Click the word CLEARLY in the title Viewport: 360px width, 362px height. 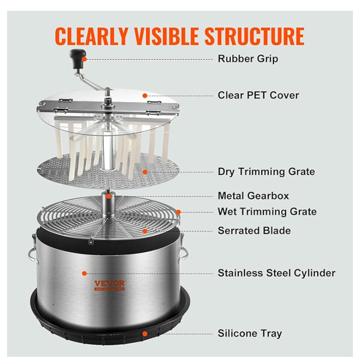coord(93,36)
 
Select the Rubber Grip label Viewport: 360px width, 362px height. coord(248,59)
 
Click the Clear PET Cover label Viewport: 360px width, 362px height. coord(258,95)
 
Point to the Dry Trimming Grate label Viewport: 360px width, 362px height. coord(266,172)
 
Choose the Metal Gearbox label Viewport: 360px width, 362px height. coord(253,196)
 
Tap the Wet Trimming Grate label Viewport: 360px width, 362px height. coord(267,212)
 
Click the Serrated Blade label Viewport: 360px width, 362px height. coord(254,230)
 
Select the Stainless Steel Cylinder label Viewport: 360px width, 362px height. coord(276,273)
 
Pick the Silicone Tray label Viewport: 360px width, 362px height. coord(250,333)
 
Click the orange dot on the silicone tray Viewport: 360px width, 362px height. coord(145,333)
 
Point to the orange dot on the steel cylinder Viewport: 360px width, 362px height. coord(84,273)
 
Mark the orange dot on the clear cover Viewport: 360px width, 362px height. coord(145,95)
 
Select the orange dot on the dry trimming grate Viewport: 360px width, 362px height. coord(145,172)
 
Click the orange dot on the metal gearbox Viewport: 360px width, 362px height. coord(109,196)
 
